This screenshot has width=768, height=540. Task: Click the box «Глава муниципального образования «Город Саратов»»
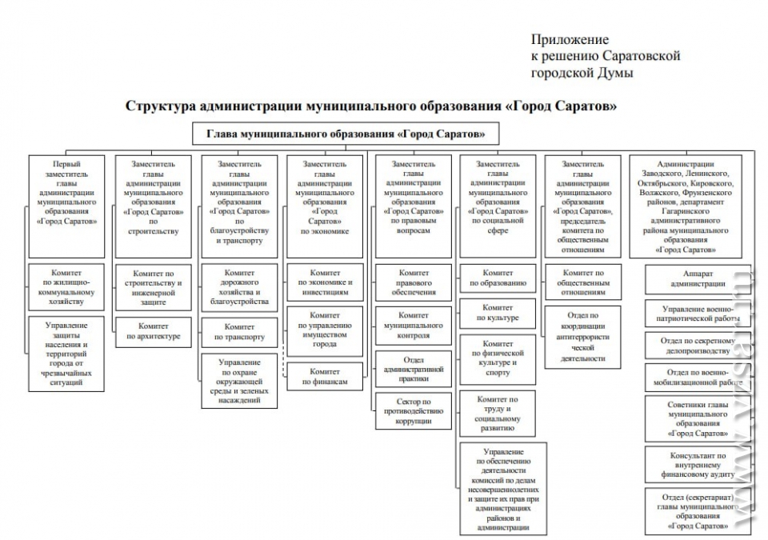click(x=346, y=134)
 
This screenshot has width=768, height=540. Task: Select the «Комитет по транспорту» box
click(x=239, y=332)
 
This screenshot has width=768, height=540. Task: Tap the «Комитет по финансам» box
click(x=325, y=376)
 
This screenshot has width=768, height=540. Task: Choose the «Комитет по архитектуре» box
click(x=154, y=332)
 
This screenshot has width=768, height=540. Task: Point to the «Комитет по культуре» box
click(x=498, y=313)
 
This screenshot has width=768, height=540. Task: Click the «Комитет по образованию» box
click(x=498, y=278)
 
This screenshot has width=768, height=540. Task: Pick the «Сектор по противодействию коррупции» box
click(x=414, y=411)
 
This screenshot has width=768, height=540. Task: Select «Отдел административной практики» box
click(x=414, y=369)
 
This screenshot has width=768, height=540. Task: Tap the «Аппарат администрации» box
click(x=697, y=279)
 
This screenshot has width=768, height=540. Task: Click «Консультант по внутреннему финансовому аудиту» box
click(x=697, y=465)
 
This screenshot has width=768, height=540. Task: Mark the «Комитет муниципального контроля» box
click(x=414, y=326)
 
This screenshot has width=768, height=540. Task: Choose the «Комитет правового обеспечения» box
click(x=414, y=282)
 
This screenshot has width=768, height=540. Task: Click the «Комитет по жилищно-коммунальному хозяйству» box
click(x=66, y=287)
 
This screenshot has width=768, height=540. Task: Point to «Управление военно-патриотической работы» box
click(x=697, y=314)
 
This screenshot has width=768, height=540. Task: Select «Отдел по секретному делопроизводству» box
click(x=697, y=346)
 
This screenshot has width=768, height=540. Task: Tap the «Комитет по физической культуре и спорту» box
click(x=498, y=358)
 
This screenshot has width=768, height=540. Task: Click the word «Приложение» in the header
click(x=570, y=39)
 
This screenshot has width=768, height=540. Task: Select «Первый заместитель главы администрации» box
click(x=66, y=206)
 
